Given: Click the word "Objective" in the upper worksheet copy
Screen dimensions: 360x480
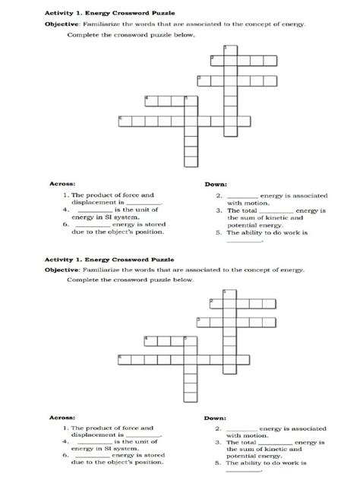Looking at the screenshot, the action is pyautogui.click(x=63, y=24).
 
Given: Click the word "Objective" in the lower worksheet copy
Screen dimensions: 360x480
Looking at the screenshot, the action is pyautogui.click(x=63, y=269).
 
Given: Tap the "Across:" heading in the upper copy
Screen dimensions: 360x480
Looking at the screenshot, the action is pyautogui.click(x=62, y=183).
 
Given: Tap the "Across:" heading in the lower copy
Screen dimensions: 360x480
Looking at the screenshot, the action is pyautogui.click(x=62, y=418).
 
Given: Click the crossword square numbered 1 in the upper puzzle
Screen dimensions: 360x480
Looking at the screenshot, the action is pyautogui.click(x=227, y=49).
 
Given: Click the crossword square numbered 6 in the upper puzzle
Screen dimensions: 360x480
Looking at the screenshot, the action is pyautogui.click(x=124, y=120).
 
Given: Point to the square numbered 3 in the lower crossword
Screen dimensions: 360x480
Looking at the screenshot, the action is pyautogui.click(x=201, y=322).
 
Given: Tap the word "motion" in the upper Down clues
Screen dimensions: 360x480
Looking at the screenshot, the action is pyautogui.click(x=251, y=203).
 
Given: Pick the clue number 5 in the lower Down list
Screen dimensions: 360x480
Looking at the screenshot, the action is pyautogui.click(x=219, y=461).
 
